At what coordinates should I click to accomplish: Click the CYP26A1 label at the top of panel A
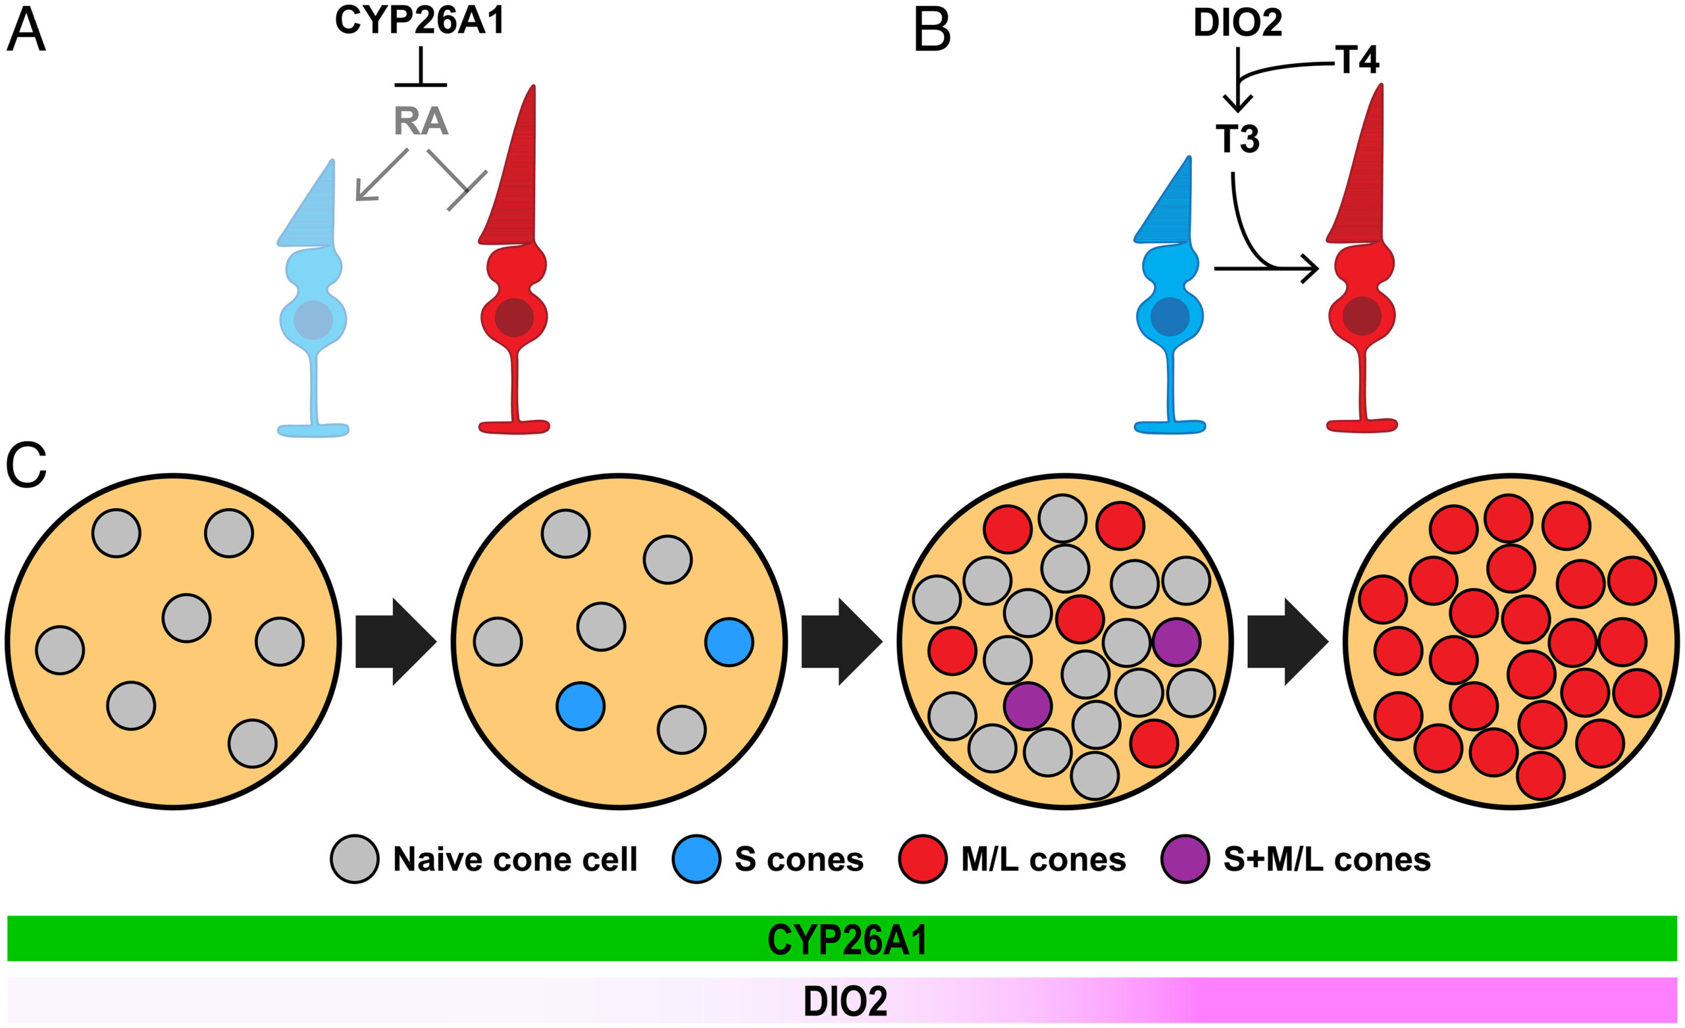tap(420, 20)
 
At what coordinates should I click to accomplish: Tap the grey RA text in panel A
tap(421, 121)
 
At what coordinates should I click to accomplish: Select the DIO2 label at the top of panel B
tap(1238, 22)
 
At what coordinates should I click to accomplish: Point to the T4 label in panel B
tap(1357, 60)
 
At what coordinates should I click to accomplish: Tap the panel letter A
tap(26, 32)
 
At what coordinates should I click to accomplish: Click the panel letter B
tap(932, 32)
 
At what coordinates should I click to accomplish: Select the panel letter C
tap(26, 465)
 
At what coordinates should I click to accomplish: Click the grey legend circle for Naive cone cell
tap(354, 859)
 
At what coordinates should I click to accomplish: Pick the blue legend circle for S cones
tap(696, 859)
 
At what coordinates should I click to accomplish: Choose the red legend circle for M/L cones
tap(923, 859)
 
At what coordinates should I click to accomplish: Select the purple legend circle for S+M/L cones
tap(1186, 859)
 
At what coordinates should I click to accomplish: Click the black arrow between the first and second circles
tap(396, 642)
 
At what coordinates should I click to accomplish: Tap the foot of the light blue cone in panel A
tap(313, 430)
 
